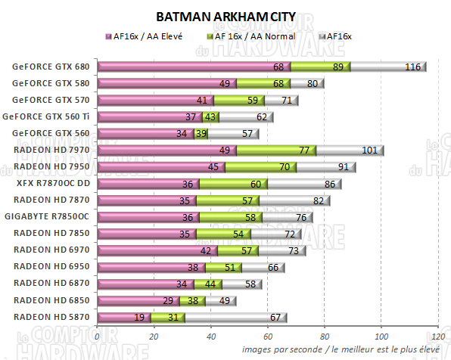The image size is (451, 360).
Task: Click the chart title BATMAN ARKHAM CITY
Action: point(225,16)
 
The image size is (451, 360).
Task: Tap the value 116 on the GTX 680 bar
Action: point(412,67)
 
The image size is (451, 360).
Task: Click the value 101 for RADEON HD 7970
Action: point(369,151)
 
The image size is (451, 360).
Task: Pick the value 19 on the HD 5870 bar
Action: point(139,317)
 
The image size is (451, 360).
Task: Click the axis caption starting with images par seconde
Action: point(342,349)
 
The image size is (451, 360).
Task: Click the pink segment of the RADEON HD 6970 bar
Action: point(158,250)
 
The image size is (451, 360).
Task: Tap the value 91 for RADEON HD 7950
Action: point(343,167)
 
